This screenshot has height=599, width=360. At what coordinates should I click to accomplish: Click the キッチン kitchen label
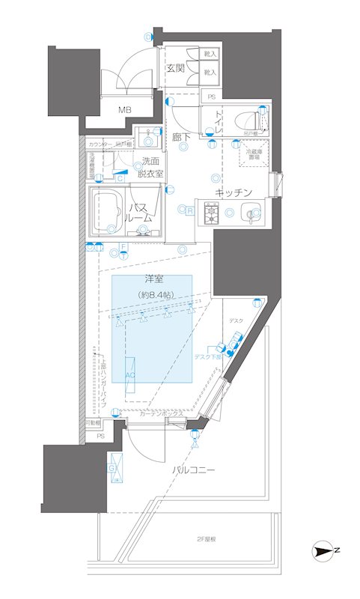point(232,192)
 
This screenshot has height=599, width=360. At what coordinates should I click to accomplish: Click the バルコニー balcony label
point(192,470)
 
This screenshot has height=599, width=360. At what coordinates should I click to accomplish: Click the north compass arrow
point(323,552)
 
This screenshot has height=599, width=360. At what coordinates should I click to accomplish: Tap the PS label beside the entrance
point(211,97)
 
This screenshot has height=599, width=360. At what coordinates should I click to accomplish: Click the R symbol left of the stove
point(190,211)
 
